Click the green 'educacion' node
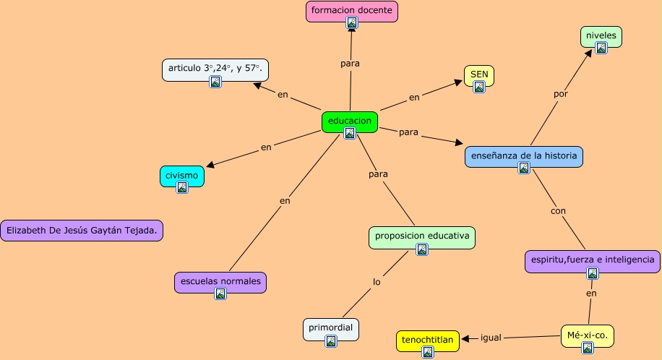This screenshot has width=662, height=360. coord(350,121)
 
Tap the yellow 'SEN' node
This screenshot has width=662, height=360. coord(479,74)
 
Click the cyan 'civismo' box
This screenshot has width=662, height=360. coord(181,176)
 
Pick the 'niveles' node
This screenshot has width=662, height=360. coord(601,35)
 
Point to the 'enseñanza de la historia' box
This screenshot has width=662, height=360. coord(523,155)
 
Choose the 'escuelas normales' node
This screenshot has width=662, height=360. coord(220,281)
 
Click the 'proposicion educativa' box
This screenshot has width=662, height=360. coord(422,236)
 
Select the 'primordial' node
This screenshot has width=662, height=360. coord(330,328)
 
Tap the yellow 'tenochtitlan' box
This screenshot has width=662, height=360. coord(428,339)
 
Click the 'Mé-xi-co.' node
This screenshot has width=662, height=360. coord(588,335)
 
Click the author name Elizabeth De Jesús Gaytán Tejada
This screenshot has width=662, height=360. coord(82,231)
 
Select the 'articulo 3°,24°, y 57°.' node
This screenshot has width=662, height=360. coord(215,69)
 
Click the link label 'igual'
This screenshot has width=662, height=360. coord(491,338)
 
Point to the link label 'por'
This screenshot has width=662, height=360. coord(561,94)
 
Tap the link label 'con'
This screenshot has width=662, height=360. coord(558,211)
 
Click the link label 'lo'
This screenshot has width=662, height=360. coord(377,282)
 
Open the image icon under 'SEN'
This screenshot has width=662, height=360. coord(479,87)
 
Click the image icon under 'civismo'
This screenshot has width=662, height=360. coord(182,187)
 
